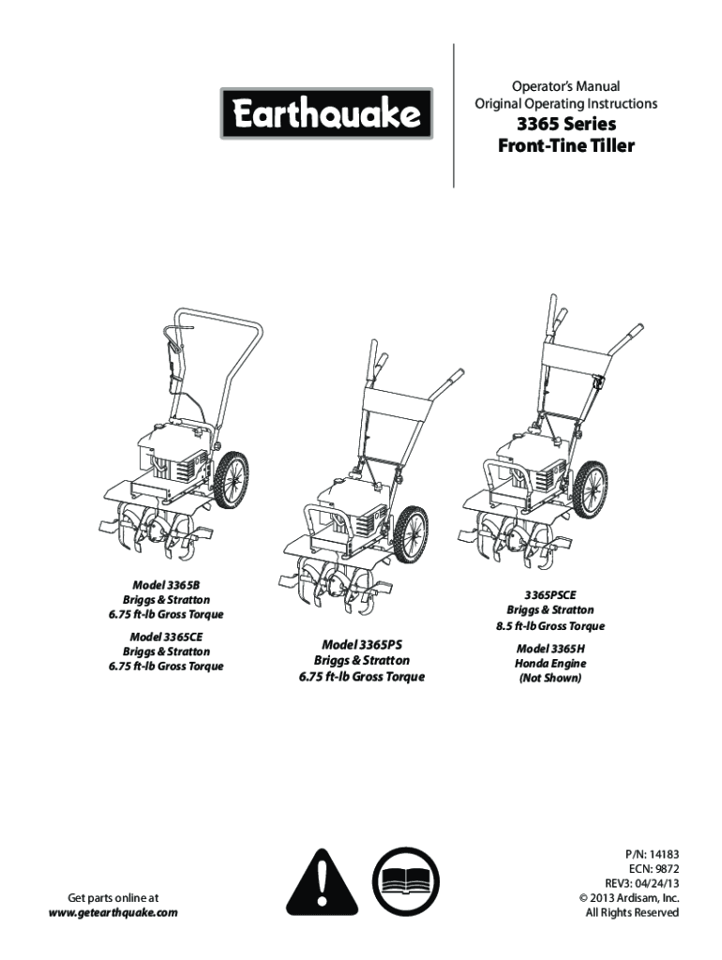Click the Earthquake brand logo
pyautogui.click(x=326, y=113)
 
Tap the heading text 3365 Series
pyautogui.click(x=565, y=125)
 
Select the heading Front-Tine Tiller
pyautogui.click(x=565, y=146)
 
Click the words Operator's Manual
pyautogui.click(x=565, y=86)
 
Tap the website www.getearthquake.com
pyautogui.click(x=113, y=912)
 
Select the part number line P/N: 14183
pyautogui.click(x=653, y=855)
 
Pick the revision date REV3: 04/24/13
pyautogui.click(x=642, y=884)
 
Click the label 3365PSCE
pyautogui.click(x=550, y=594)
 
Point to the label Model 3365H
pyautogui.click(x=550, y=648)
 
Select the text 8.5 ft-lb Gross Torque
pyautogui.click(x=550, y=625)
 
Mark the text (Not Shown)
pyautogui.click(x=550, y=677)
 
